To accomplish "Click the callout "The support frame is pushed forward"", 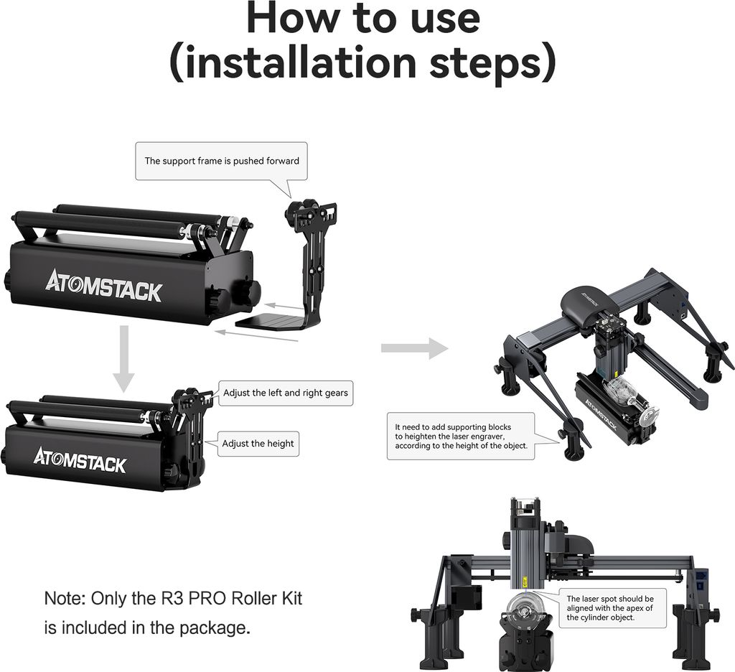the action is (221, 161).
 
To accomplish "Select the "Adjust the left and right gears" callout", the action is (286, 393).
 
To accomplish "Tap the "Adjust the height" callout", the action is (258, 444).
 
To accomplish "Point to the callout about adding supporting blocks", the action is (461, 436).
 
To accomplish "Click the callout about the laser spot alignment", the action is (610, 608).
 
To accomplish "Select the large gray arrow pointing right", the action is (414, 348).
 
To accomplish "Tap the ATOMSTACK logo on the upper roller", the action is (103, 286).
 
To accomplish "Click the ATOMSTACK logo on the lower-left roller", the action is (80, 460).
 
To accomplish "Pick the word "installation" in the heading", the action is (301, 63).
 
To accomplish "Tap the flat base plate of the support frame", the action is (269, 321).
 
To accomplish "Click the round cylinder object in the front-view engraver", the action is (526, 609).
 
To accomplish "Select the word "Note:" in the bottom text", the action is (65, 599).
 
